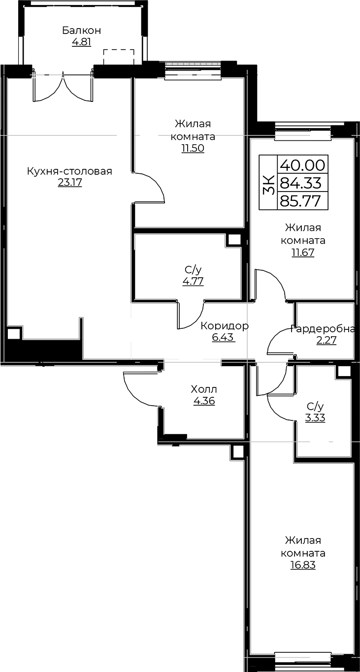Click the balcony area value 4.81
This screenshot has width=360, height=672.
(x=81, y=42)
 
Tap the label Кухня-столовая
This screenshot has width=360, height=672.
(x=69, y=171)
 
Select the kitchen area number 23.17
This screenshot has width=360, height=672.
(x=69, y=183)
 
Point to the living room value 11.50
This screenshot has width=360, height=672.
(x=193, y=149)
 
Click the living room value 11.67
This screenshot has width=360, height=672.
(x=303, y=253)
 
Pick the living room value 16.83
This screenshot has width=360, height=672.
(x=303, y=565)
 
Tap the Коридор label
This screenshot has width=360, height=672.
(x=225, y=326)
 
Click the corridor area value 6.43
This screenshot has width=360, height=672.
(x=223, y=338)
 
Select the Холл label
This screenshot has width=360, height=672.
(x=204, y=389)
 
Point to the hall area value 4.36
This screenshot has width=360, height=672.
(x=204, y=401)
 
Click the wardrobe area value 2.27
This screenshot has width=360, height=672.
(x=326, y=341)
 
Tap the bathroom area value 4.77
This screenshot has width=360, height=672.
(x=193, y=282)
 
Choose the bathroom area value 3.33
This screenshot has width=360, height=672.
(x=315, y=417)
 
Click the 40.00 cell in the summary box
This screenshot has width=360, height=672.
(x=302, y=165)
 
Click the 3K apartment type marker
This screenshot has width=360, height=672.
(x=269, y=182)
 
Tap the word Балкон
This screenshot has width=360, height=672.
(x=82, y=31)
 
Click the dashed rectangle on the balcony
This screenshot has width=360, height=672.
(x=119, y=57)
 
